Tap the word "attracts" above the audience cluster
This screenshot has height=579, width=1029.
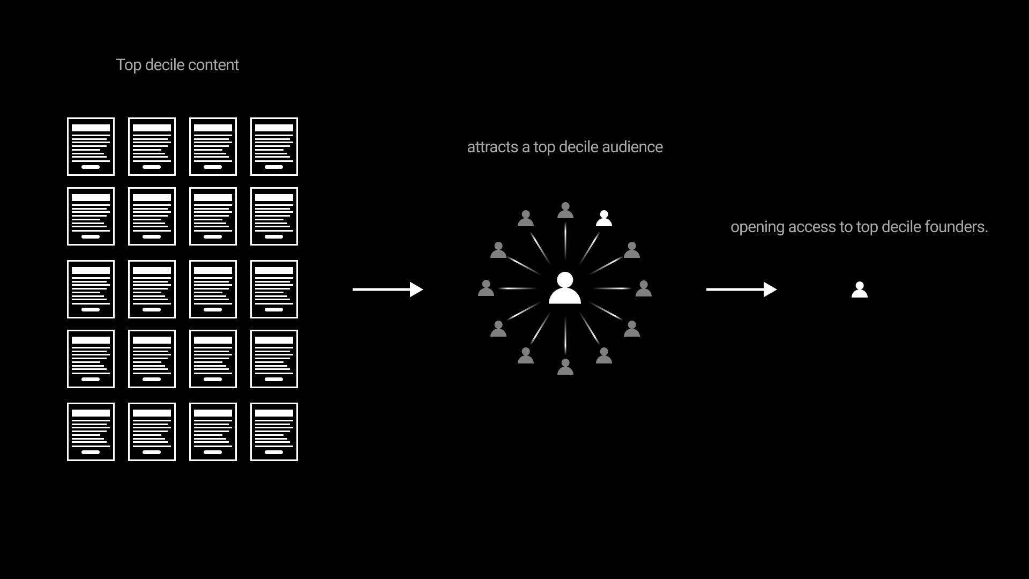coord(493,147)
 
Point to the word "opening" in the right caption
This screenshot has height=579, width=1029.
coord(757,227)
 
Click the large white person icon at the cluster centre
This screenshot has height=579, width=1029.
coord(565,288)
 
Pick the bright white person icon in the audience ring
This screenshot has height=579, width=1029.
coord(604,218)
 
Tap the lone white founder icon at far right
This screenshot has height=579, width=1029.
coord(860,289)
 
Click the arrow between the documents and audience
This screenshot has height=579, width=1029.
coord(387,289)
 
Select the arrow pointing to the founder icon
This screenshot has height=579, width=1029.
coord(741,289)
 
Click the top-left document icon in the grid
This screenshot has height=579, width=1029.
coord(91,146)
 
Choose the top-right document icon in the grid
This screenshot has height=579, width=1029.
coord(274,146)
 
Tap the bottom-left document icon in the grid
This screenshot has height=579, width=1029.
coord(91,432)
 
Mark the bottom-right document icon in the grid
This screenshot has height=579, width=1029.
coord(274,432)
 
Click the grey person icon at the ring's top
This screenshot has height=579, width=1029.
coord(565,210)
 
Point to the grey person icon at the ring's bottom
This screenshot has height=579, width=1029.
coord(565,367)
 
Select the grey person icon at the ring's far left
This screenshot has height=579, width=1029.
coord(486,288)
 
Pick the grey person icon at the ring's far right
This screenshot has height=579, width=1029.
coord(644,288)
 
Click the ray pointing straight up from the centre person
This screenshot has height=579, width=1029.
coord(565,241)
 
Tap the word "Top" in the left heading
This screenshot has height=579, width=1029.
coord(129,65)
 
